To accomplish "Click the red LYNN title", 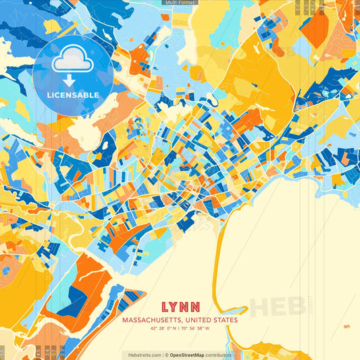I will tap(180, 305).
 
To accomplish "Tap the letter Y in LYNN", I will tap(173, 305).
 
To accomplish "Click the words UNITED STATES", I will tap(210, 320).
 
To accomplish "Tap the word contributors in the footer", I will tap(217, 355).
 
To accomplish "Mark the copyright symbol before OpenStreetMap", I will tap(166, 355).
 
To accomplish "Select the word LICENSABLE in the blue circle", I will tap(72, 95).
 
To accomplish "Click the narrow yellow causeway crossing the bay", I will tap(217, 270).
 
